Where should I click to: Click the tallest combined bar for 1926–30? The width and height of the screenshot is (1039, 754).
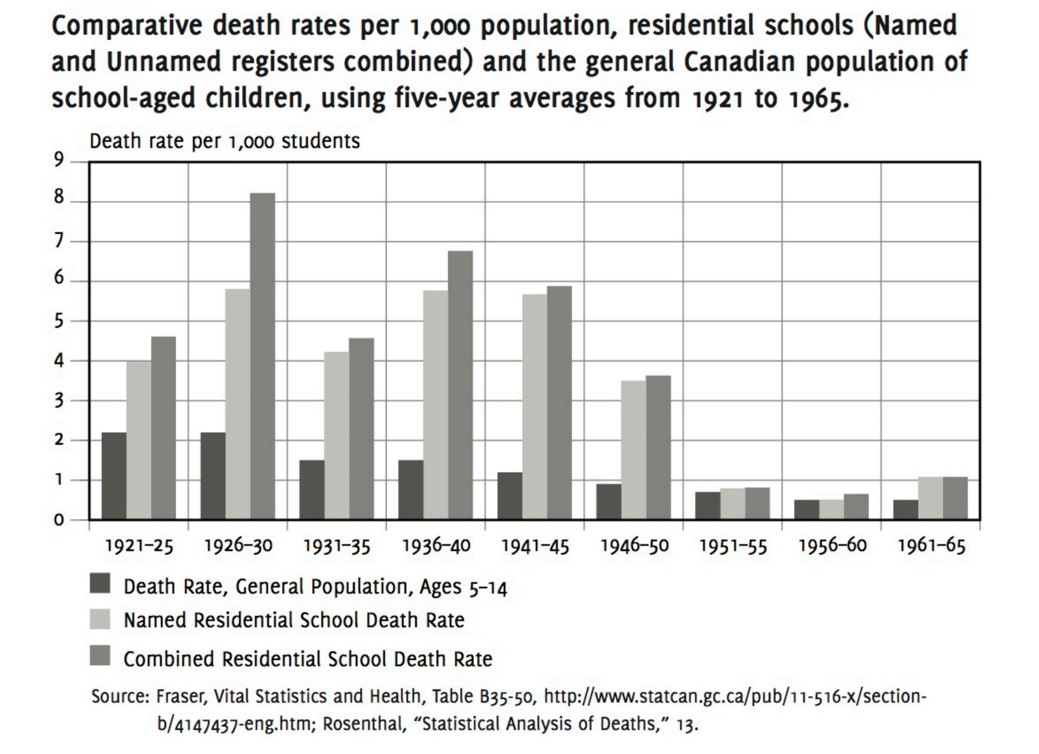point(263,356)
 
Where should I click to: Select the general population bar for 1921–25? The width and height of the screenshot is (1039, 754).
point(113,476)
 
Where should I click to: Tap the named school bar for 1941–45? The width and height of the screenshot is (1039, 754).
point(535,407)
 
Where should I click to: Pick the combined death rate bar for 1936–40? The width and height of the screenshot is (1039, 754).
point(461,385)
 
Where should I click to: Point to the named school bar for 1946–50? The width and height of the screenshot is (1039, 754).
point(634,450)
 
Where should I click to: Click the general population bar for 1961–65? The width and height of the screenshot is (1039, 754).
point(906,510)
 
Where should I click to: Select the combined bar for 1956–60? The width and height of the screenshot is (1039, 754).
point(856,507)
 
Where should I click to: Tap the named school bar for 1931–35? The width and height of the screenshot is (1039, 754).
point(337,436)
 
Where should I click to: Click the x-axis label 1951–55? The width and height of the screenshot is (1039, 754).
point(733,546)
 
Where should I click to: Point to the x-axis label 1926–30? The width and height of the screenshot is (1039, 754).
point(238,546)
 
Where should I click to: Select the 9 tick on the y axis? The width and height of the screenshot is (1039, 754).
point(58,160)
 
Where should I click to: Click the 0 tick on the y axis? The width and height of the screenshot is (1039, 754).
point(58,520)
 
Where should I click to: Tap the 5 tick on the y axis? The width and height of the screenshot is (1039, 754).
point(58,321)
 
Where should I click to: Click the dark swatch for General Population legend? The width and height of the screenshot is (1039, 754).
point(100,583)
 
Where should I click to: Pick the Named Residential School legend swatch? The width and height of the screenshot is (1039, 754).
point(100,619)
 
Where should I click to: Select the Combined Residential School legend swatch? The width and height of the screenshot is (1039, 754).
point(100,655)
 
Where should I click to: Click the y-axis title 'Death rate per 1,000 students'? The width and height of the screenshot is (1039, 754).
point(224,142)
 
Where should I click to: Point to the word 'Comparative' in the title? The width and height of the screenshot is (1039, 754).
point(127,27)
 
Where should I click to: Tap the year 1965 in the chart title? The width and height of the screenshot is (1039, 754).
point(817,99)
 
